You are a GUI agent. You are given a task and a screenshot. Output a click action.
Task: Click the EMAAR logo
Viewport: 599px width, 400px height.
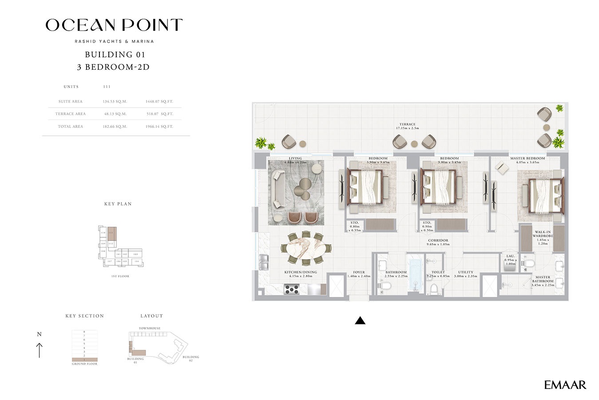[x=565, y=385]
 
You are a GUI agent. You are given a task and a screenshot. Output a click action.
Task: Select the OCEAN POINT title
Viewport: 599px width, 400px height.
[x=114, y=25]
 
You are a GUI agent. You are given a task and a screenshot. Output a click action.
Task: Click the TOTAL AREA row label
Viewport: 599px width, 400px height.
[x=71, y=127]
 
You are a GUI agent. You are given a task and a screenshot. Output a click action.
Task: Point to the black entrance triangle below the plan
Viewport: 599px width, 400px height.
[x=360, y=320]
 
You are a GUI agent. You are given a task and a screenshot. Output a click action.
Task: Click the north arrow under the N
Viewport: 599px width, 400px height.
[x=40, y=350]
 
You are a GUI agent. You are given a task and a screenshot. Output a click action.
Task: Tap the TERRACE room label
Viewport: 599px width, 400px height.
[x=407, y=124]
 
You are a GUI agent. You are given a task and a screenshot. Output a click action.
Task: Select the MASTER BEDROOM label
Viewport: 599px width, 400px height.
[x=528, y=158]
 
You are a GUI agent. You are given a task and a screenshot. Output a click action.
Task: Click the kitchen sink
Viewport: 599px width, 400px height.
[x=264, y=262]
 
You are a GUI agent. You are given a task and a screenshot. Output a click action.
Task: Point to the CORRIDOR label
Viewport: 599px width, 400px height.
[x=438, y=240]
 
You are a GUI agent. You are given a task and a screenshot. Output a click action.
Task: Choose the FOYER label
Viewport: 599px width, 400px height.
[x=359, y=272]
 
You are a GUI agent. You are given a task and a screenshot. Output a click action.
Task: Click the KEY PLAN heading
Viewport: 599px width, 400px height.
[x=118, y=204]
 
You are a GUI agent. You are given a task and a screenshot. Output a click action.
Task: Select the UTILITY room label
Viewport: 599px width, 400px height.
[x=465, y=272]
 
